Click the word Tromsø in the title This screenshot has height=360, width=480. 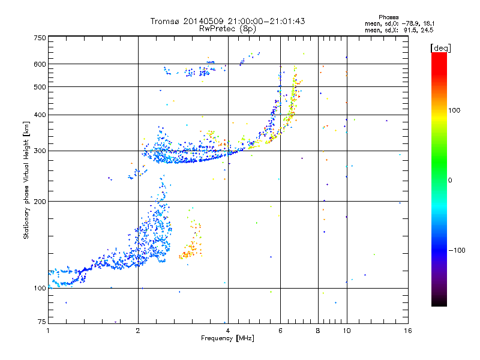pos(166,21)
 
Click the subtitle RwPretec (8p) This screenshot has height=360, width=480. pos(227,29)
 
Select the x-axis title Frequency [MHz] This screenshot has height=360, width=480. pos(227,338)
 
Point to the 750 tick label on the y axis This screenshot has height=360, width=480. pos(40,38)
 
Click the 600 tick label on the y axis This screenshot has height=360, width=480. pos(40,64)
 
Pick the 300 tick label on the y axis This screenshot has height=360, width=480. pos(40,151)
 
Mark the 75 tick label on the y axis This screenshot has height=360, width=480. pos(42,322)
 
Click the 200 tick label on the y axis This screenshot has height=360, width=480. pos(40,202)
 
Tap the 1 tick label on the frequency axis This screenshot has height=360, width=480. pos(48,331)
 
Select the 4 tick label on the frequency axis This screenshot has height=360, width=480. pos(228,331)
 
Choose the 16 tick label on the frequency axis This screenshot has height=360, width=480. pos(408,331)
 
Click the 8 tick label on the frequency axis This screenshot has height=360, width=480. pos(318,331)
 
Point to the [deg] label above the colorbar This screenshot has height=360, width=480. pos(440,48)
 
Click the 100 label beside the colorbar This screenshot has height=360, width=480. pos(454,110)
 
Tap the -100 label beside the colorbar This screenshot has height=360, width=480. pos(457,250)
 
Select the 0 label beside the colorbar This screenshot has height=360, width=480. pos(450,181)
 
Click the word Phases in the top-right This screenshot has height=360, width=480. pos(389,17)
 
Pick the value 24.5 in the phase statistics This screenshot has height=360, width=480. pos(427,30)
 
